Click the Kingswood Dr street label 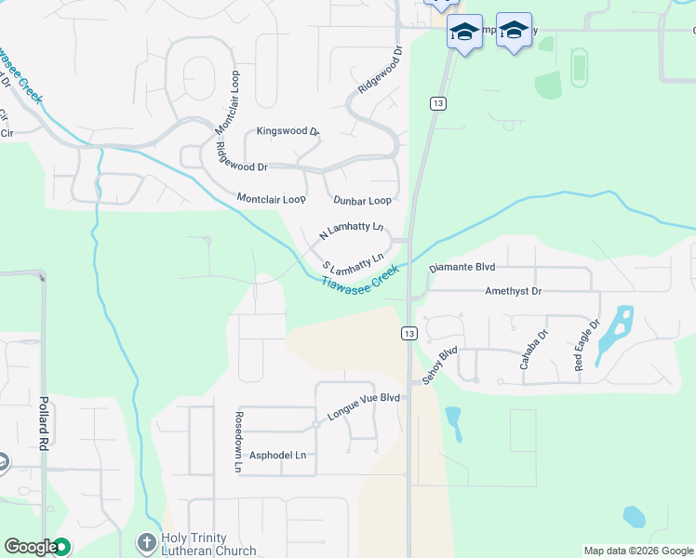pos(288,131)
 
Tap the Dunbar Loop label pos(362,200)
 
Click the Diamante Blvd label pos(462,267)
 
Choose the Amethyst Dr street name pos(513,291)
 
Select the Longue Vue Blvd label pos(363,397)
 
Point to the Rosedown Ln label pos(238,432)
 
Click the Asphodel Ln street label pos(277,456)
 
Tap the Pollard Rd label pos(43,423)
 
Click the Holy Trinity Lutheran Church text pos(207,543)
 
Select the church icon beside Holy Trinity pos(146,542)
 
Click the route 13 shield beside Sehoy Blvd pos(409,333)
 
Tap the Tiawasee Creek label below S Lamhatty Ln pos(360,277)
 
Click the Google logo pos(31,547)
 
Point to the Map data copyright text pos(638,551)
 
